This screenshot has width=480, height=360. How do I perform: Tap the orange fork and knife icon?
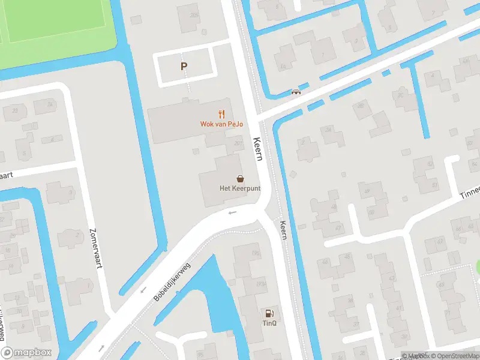pos(221,113)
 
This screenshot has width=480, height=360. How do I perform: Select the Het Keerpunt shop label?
pos(240,188)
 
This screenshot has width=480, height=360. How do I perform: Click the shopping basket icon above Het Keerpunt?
pos(241,178)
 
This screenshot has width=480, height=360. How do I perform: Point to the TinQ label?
pos(269,323)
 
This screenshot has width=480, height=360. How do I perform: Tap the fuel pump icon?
pos(269,313)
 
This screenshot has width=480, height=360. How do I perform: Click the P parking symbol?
pos(184,67)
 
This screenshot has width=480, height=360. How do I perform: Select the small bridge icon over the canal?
pos(295,92)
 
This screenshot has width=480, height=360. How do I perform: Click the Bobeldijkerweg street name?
pos(172,280)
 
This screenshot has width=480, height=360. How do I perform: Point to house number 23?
pos(14,111)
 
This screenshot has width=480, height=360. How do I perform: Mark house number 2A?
pos(302,142)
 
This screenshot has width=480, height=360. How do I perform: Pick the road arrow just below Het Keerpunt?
pos(233,212)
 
